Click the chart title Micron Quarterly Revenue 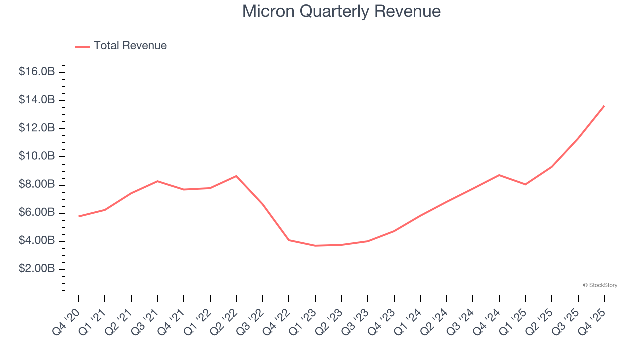[341, 11]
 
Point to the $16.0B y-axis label [36, 72]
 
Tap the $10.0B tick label [36, 156]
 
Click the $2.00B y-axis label [36, 269]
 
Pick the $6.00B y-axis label [36, 212]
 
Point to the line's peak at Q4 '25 [604, 106]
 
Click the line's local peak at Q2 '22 [236, 176]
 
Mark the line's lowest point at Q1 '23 [315, 246]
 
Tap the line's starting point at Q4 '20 [79, 216]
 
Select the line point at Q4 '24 [499, 175]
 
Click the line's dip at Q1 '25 [525, 184]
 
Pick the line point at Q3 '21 [157, 181]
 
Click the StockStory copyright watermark [600, 285]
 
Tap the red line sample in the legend [82, 46]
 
